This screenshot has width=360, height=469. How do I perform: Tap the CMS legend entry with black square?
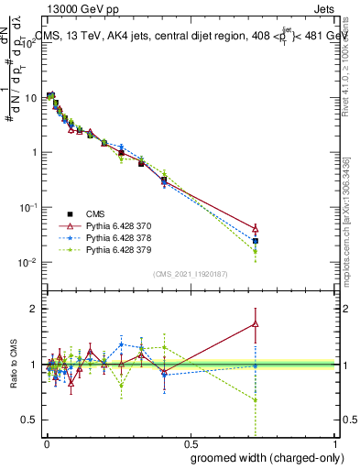96,212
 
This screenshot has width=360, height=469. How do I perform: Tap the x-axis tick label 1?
336,443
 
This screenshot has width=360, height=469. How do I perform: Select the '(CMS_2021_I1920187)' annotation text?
190,273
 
